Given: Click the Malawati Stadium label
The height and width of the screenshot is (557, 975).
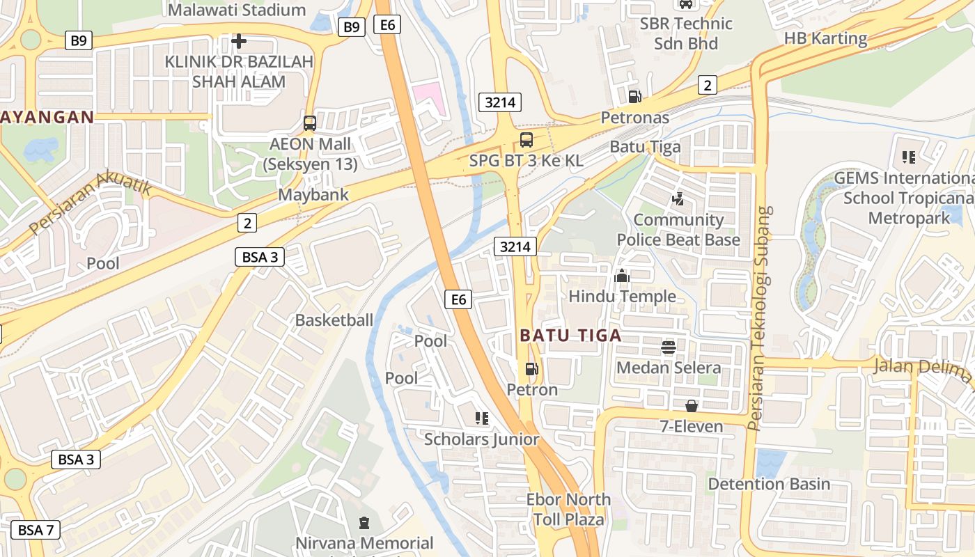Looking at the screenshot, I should [x=237, y=10].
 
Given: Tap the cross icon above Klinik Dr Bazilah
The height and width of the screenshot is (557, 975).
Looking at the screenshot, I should [x=239, y=42].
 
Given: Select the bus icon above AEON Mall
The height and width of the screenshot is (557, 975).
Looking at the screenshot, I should [x=310, y=123].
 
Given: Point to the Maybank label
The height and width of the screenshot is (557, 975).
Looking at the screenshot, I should [x=313, y=194].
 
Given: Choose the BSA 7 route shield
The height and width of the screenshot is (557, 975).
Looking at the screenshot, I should [x=36, y=529].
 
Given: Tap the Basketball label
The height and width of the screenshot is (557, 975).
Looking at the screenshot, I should [x=334, y=320].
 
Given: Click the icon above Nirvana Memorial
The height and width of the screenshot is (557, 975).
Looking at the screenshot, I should [x=364, y=522].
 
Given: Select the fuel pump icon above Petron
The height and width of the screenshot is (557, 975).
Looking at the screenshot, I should [x=532, y=369].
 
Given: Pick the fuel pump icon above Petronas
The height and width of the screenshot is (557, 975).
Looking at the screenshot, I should [x=634, y=97].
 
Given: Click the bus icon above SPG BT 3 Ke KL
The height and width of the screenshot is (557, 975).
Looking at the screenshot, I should [x=526, y=139].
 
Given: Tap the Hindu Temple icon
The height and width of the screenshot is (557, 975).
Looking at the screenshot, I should [x=622, y=276].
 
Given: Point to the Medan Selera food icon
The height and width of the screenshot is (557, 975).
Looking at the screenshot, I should [x=669, y=347].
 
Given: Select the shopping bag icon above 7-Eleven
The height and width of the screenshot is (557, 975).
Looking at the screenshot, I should [x=692, y=405].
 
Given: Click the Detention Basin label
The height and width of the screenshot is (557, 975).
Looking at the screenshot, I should [x=769, y=484].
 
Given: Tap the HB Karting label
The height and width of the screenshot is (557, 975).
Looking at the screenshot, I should [x=826, y=38].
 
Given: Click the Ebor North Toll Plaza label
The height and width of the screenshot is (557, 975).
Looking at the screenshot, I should [x=568, y=509].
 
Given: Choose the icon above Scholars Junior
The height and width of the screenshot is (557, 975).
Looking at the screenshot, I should [x=481, y=418].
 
